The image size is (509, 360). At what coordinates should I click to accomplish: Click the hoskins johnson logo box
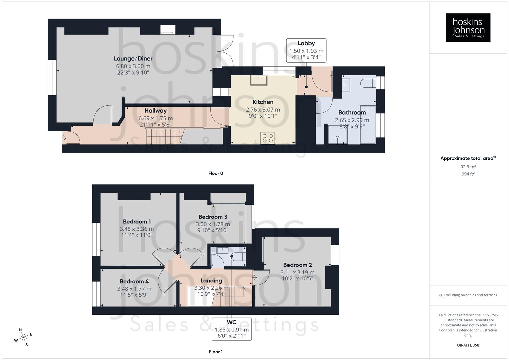pyautogui.click(x=468, y=27)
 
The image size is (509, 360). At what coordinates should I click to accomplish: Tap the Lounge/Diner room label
pyautogui.click(x=133, y=59)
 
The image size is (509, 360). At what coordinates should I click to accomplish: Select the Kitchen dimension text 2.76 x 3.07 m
pyautogui.click(x=263, y=110)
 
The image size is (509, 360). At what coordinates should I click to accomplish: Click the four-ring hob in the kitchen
pyautogui.click(x=267, y=138)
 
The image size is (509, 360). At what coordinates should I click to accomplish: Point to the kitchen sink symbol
pyautogui.click(x=259, y=80)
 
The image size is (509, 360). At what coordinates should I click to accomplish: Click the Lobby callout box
pyautogui.click(x=306, y=50)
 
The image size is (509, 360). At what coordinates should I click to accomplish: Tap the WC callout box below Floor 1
pyautogui.click(x=232, y=329)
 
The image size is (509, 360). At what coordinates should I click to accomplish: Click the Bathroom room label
pyautogui.click(x=352, y=113)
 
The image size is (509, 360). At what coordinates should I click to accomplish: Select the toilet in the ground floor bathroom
pyautogui.click(x=368, y=83)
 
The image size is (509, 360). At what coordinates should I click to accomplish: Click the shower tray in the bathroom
pyautogui.click(x=337, y=135)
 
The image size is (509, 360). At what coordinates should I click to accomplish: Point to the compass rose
pyautogui.click(x=23, y=338)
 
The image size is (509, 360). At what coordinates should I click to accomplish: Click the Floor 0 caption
pyautogui.click(x=216, y=173)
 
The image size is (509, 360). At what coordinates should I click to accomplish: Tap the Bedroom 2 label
pyautogui.click(x=297, y=265)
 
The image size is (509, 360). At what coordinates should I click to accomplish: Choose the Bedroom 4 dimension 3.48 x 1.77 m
pyautogui.click(x=134, y=289)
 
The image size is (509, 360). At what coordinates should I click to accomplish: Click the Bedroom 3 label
pyautogui.click(x=213, y=217)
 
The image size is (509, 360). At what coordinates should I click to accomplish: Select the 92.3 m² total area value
pyautogui.click(x=468, y=167)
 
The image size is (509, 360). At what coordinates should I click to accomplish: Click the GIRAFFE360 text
pyautogui.click(x=468, y=345)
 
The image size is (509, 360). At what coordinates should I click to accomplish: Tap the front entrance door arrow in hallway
pyautogui.click(x=64, y=137)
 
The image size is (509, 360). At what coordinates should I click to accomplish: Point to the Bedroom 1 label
pyautogui.click(x=137, y=222)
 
